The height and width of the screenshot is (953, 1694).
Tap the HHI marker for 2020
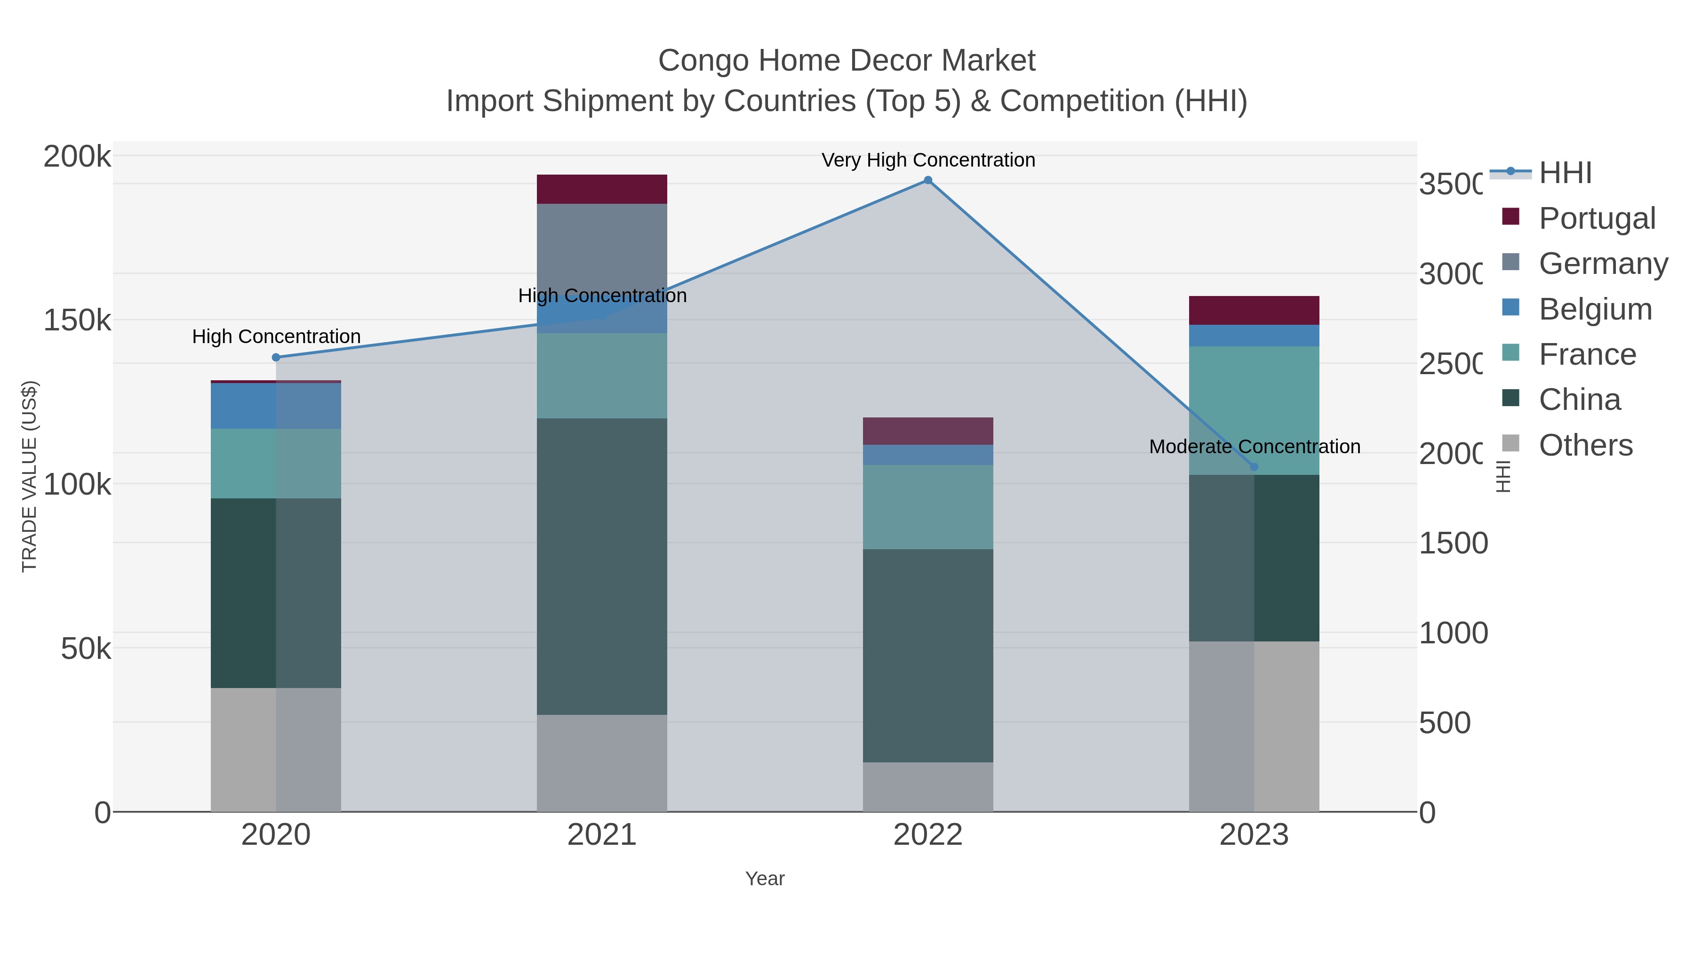click(276, 357)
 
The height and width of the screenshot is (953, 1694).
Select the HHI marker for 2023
click(1254, 467)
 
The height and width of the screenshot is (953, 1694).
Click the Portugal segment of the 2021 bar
click(602, 189)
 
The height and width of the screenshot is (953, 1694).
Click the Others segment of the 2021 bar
click(602, 763)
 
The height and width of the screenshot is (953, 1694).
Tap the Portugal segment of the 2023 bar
click(1254, 311)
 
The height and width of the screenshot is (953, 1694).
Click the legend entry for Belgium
click(1595, 309)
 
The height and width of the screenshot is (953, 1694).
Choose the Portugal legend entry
click(1596, 218)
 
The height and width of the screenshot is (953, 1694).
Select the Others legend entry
click(1585, 445)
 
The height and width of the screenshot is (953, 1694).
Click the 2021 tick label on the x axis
click(602, 835)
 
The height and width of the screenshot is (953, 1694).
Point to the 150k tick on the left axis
click(77, 321)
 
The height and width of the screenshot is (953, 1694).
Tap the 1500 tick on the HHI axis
click(1453, 543)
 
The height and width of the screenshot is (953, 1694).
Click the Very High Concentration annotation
click(928, 160)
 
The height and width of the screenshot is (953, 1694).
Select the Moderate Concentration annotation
click(1254, 447)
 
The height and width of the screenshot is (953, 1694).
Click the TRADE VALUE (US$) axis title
click(30, 476)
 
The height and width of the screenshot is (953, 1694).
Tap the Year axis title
click(765, 879)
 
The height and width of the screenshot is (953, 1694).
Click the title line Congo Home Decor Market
click(847, 61)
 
